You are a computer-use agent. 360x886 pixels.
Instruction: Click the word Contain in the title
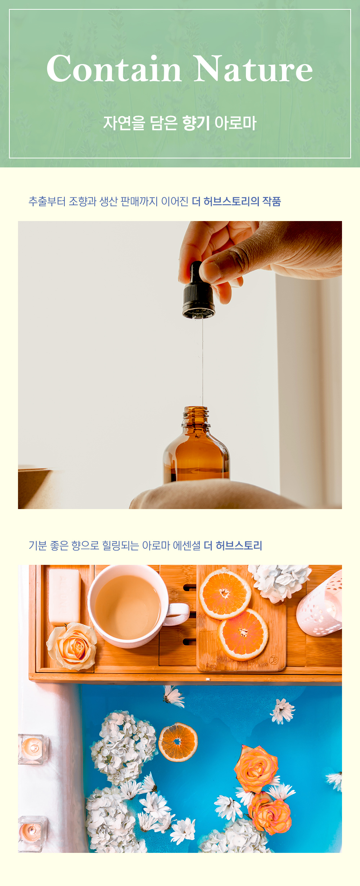click(114, 69)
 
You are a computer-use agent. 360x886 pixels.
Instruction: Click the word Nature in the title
click(253, 69)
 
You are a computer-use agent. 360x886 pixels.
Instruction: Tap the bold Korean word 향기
click(196, 123)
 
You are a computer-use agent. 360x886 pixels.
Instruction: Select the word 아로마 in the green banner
click(235, 123)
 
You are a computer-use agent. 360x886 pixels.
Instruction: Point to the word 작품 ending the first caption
click(271, 201)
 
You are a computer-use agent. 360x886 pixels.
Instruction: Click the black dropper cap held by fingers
click(198, 293)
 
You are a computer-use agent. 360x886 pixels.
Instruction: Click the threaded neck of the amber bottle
click(196, 416)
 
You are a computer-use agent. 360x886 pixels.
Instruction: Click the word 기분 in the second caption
click(38, 545)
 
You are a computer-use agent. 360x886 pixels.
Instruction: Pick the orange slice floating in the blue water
click(178, 742)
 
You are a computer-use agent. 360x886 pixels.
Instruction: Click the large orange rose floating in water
click(256, 769)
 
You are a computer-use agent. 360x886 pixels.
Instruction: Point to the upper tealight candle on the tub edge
click(32, 748)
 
